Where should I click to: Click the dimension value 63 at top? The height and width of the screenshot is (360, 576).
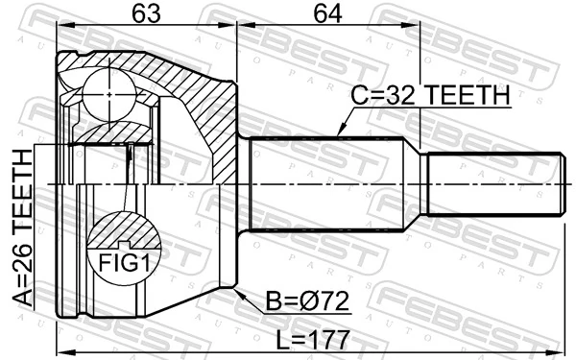point(147,17)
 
